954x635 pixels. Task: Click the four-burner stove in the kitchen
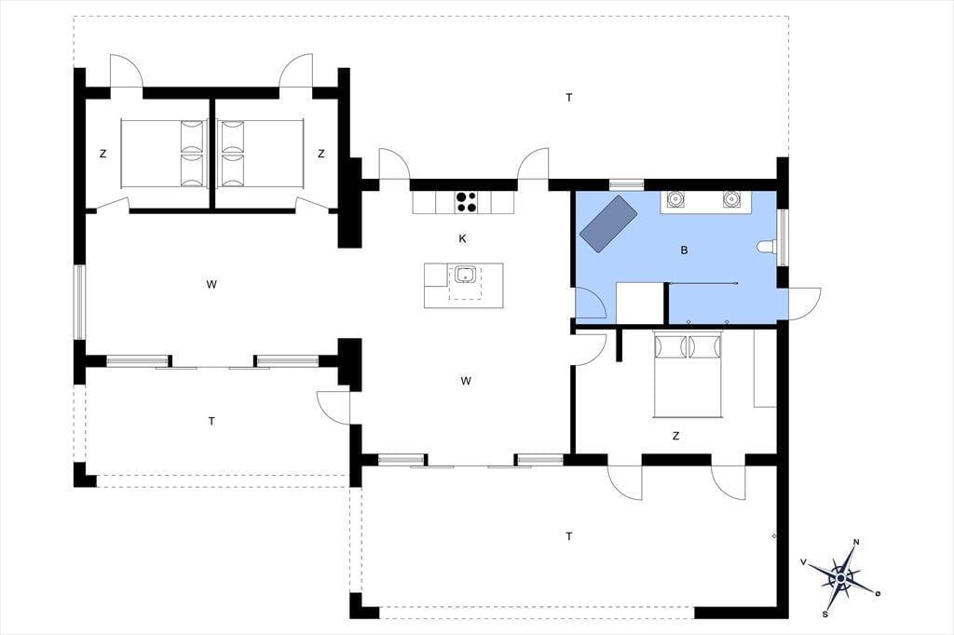click(x=466, y=202)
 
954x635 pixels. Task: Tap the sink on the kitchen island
click(x=466, y=275)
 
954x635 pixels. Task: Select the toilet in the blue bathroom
click(x=768, y=247)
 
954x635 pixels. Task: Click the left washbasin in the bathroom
click(x=675, y=198)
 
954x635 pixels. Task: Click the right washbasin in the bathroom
click(x=731, y=198)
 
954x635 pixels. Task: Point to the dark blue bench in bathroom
click(x=608, y=223)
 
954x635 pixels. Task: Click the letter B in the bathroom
click(x=684, y=250)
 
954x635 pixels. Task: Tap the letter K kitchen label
click(x=462, y=238)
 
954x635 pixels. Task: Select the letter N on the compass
click(x=856, y=542)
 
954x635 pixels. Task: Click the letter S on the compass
click(x=825, y=614)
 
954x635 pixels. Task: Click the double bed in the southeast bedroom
click(x=687, y=374)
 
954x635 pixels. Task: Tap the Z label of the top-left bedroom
click(x=102, y=154)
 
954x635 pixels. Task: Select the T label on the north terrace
click(x=569, y=97)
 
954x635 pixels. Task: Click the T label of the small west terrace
click(x=211, y=420)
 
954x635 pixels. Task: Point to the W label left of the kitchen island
click(x=211, y=284)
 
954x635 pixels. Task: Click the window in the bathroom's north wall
click(x=627, y=183)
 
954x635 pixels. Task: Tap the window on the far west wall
click(x=80, y=302)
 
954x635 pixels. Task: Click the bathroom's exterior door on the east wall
click(x=804, y=303)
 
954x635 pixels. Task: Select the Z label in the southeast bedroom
click(x=675, y=436)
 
